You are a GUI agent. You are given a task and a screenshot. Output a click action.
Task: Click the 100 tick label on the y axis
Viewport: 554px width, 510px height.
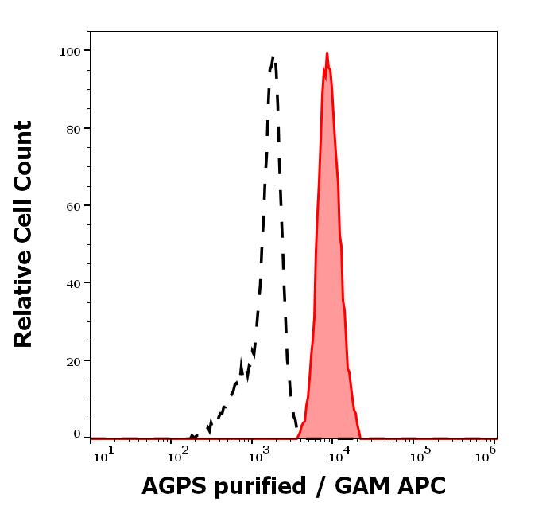point(70,51)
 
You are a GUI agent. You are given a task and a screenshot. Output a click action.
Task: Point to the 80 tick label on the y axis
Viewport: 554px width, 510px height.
point(73,128)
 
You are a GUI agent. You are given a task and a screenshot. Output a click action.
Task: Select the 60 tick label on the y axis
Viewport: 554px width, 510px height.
point(73,205)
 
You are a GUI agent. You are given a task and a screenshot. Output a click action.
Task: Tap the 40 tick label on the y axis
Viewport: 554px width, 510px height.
point(73,282)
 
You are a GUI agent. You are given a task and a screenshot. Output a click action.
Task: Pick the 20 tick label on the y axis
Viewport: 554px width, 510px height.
point(73,360)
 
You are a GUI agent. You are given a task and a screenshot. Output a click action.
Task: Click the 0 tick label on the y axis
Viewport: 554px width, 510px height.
point(77,434)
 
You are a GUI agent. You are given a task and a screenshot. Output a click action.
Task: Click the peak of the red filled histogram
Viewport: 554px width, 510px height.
point(327,54)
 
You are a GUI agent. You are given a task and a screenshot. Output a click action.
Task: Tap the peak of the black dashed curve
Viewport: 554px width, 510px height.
point(273,57)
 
